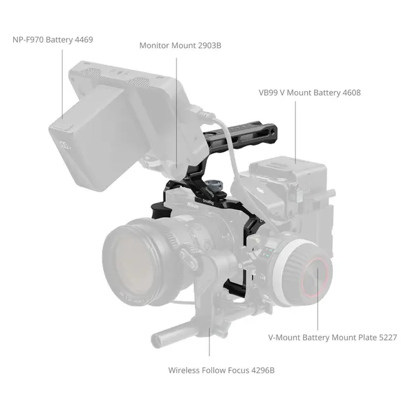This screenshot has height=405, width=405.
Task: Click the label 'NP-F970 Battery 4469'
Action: point(53,40)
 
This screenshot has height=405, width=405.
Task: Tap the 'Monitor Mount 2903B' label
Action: point(180,46)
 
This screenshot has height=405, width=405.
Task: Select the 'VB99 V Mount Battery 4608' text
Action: point(309,92)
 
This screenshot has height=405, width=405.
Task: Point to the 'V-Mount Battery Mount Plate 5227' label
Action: point(332,337)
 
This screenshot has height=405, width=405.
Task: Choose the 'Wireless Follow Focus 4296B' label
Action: point(221,370)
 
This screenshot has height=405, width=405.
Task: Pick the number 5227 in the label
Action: point(386,337)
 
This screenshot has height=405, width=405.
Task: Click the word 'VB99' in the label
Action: point(269,92)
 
